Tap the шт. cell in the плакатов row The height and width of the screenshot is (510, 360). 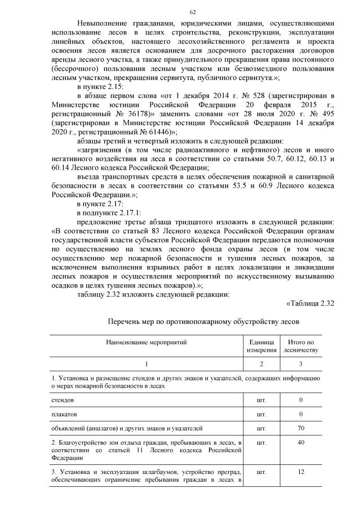click(x=261, y=414)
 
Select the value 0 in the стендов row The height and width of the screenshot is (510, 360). click(x=301, y=400)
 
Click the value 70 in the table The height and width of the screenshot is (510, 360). click(x=301, y=429)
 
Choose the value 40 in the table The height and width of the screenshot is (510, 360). click(x=301, y=443)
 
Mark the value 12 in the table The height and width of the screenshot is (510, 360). click(x=301, y=471)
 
